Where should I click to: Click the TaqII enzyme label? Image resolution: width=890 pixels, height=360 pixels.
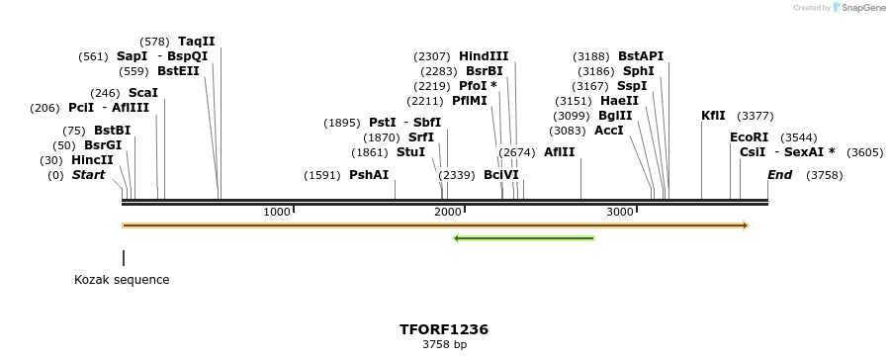196,42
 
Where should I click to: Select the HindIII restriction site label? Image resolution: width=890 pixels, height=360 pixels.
484,56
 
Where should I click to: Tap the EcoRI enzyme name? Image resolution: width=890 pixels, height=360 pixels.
749,137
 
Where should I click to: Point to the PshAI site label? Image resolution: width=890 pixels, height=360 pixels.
369,175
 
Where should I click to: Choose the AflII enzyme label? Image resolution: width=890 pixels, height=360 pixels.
559,152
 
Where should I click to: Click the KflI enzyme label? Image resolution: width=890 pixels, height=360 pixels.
713,116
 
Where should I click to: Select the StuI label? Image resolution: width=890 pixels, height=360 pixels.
410,152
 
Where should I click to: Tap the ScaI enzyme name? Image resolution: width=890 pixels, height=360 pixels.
143,93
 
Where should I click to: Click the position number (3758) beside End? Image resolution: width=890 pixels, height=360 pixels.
825,175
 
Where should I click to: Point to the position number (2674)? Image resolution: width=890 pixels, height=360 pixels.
517,152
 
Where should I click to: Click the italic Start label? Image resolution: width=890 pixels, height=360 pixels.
88,175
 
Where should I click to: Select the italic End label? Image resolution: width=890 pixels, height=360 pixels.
779,175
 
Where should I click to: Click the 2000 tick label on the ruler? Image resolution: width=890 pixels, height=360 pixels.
448,212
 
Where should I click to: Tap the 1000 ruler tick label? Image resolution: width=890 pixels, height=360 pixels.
277,212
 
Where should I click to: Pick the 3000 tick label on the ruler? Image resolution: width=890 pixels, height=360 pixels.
619,212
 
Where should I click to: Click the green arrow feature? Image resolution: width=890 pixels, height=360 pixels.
523,237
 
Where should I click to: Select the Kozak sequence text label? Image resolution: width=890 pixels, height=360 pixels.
122,280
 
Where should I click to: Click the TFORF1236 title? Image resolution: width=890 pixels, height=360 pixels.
444,329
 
